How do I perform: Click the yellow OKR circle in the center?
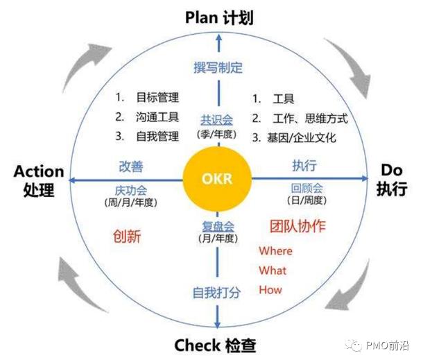217,179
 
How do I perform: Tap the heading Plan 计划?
219,18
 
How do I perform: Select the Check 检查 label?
215,345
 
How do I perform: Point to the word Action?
39,171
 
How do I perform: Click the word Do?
392,170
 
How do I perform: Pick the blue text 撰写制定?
218,67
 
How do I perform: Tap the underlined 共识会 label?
216,120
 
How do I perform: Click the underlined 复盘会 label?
218,226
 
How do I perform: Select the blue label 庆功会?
131,191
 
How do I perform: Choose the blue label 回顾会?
307,188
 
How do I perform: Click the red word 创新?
127,237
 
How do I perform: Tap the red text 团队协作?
297,226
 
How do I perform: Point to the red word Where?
276,251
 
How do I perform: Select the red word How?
270,290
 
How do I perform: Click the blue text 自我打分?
216,293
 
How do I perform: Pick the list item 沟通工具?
157,117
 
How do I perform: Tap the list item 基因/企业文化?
302,138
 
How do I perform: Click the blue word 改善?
131,166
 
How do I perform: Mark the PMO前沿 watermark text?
388,345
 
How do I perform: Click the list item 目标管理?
157,97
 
